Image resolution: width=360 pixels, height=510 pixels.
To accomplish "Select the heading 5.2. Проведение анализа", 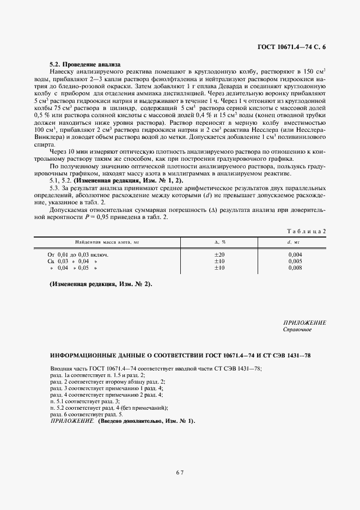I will click(x=84, y=64).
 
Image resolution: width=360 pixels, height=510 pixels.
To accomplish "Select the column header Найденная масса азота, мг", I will click(x=104, y=226).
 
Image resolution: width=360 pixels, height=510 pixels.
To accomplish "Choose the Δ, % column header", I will click(x=220, y=226).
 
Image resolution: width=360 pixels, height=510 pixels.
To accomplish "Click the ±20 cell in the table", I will click(x=219, y=240).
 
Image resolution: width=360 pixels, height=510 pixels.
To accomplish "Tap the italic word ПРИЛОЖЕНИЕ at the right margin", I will click(x=304, y=323).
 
